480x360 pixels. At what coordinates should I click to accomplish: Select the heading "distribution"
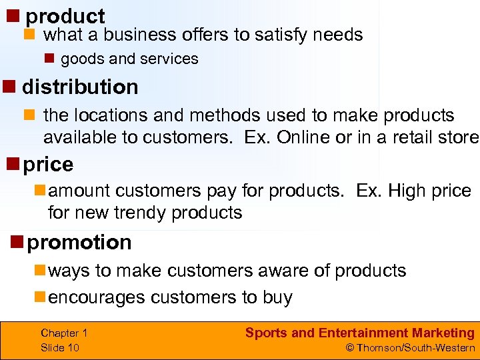point(80,87)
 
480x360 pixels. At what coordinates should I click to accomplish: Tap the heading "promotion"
point(79,242)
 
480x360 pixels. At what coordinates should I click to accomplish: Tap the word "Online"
point(306,137)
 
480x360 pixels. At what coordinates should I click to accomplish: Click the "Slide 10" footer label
point(60,347)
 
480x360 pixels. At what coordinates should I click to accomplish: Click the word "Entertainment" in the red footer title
point(363,333)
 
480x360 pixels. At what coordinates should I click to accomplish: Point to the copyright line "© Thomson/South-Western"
point(410,347)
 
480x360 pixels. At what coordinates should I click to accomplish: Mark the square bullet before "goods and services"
point(49,59)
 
